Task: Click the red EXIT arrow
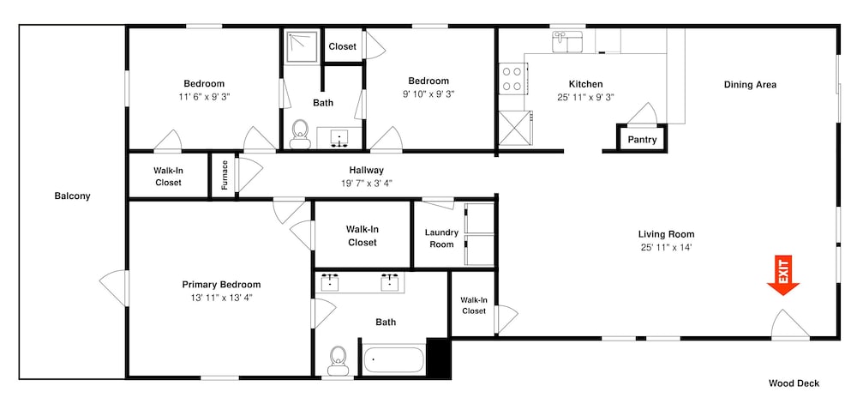(x=782, y=276)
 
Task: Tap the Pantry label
(x=642, y=140)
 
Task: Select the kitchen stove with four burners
(x=512, y=78)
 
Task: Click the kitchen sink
(x=567, y=41)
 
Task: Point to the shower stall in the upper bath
(x=301, y=46)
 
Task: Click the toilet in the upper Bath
(x=299, y=135)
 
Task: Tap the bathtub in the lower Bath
(x=393, y=359)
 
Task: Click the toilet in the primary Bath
(x=339, y=361)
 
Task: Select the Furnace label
(x=224, y=175)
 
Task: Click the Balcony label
(x=72, y=196)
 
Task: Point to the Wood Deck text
(x=794, y=383)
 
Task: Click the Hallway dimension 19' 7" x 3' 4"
(x=366, y=183)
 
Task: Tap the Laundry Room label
(x=441, y=238)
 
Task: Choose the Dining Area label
(x=750, y=85)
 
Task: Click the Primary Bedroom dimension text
(x=221, y=298)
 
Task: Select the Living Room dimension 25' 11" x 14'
(x=666, y=247)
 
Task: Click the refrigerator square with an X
(x=515, y=129)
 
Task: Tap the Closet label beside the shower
(x=342, y=46)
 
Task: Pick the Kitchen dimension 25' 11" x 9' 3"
(x=586, y=97)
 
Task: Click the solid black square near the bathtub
(x=438, y=358)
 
